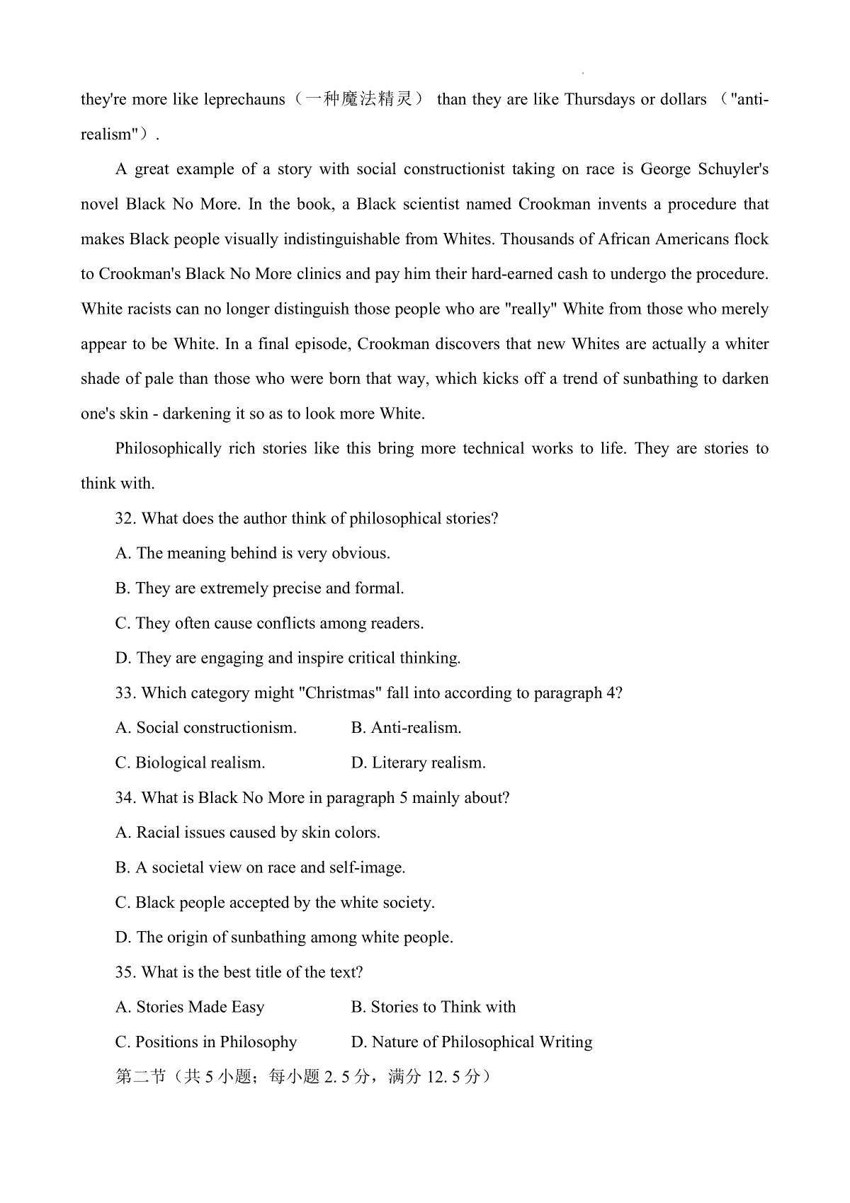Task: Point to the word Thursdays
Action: point(599,99)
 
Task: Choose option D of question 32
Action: point(288,658)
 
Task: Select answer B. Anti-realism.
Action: point(406,728)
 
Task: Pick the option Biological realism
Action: point(190,763)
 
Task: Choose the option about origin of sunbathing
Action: point(284,937)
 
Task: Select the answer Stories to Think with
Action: point(433,1008)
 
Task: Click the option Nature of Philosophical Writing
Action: point(472,1042)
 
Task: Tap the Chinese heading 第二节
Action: point(140,1077)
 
